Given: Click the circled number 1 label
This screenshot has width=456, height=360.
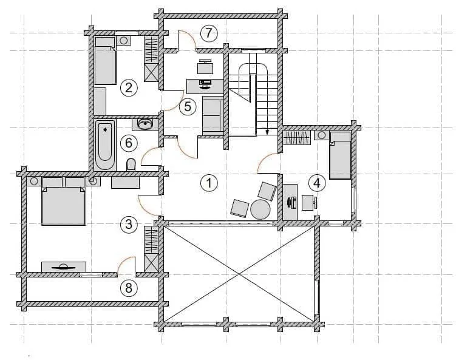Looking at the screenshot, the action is point(209,183).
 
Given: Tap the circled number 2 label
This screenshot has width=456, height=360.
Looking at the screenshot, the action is point(129,87).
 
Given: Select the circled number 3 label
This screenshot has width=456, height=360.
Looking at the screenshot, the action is point(129,225).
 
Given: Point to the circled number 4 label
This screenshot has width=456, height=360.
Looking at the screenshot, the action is point(318,183).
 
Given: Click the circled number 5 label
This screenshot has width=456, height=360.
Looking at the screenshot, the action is point(188,107).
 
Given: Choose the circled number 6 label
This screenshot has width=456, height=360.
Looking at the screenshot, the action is point(129,143).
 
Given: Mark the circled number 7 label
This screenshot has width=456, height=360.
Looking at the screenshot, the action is point(209,33).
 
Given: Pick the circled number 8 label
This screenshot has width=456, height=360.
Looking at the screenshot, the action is point(129,288).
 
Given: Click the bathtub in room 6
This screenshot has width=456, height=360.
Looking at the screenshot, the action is point(105,145).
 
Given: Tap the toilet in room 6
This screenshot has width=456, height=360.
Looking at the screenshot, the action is point(131,165).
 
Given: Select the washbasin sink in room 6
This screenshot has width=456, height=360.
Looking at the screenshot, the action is point(145,124).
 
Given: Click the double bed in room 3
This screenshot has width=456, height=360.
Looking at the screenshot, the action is point(64,201).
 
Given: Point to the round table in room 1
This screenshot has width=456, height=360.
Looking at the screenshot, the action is point(260,209).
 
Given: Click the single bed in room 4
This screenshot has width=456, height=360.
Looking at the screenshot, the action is point(340,155).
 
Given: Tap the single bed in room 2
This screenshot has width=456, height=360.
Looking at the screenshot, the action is point(106,61).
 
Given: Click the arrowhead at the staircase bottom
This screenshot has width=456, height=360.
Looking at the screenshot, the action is point(267,132).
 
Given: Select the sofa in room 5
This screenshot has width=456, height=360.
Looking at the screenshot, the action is point(213,116).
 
